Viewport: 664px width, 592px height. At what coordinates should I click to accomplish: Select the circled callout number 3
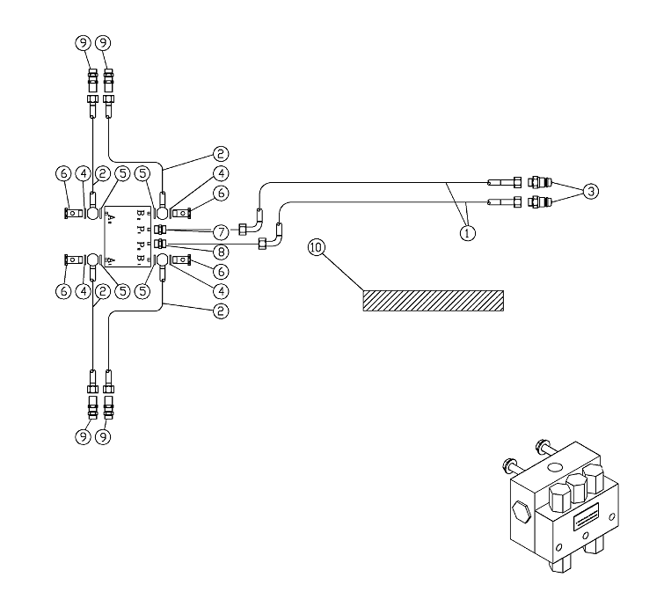593,191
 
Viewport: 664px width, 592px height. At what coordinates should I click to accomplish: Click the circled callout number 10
316,248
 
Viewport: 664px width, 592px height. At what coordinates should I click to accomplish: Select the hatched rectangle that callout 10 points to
434,300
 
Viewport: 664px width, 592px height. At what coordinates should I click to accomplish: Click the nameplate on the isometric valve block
587,521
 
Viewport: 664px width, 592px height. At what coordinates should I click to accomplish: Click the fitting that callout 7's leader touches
159,230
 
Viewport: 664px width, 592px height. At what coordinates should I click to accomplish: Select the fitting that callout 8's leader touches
159,242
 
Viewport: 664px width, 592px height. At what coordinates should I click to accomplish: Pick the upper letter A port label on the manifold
112,212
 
